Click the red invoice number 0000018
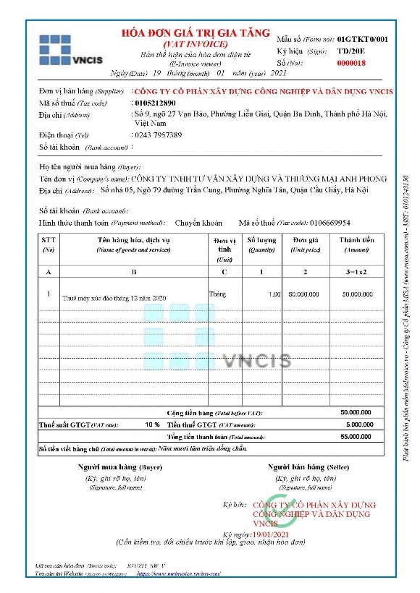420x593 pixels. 352,64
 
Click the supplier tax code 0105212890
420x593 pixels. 156,103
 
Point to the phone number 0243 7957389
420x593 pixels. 159,135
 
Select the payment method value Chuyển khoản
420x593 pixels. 198,223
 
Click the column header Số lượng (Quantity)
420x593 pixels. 262,244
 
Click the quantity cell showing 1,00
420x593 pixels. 274,294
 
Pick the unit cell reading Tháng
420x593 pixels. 217,294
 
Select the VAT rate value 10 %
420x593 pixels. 152,425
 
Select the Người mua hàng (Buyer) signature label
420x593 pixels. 119,467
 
